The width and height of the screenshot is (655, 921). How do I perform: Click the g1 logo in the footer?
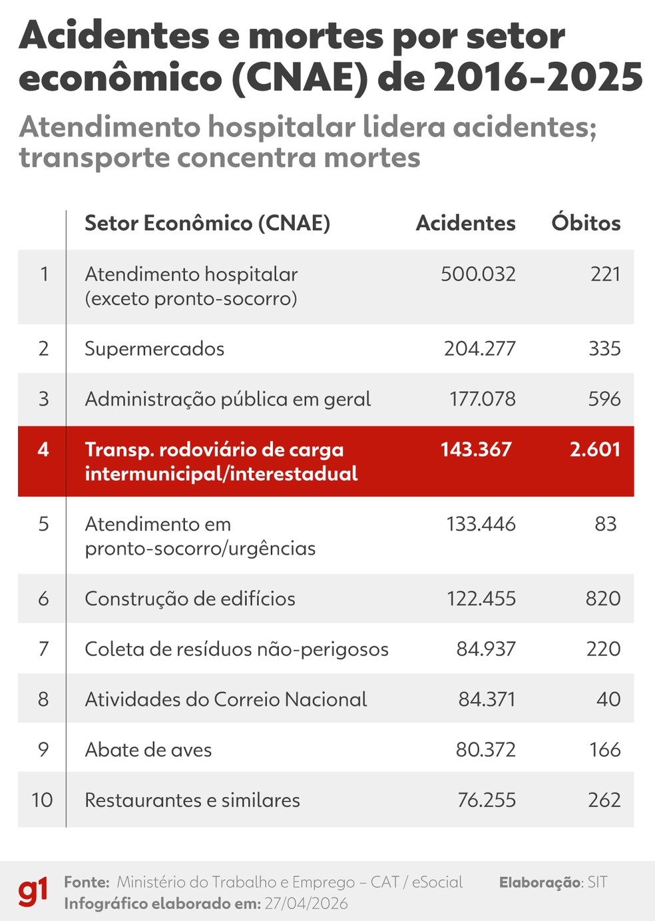click(33, 892)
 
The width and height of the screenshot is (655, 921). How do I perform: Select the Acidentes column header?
click(465, 223)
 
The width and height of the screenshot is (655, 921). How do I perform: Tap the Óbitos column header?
click(586, 223)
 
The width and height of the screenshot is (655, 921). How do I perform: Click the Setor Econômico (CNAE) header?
click(207, 223)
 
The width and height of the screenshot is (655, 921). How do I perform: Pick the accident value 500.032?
click(478, 274)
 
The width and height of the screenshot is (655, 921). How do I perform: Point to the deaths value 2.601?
click(595, 450)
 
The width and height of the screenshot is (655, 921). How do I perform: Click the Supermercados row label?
click(154, 349)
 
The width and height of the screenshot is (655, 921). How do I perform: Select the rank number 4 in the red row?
click(43, 450)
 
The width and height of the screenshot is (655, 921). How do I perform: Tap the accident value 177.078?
click(482, 399)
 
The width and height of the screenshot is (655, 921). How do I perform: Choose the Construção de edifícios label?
click(190, 599)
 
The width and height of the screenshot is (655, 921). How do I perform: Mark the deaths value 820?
click(603, 599)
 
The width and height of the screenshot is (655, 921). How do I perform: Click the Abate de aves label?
click(148, 750)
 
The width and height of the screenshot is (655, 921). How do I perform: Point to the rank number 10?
click(42, 800)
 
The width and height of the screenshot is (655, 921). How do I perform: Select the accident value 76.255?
click(487, 800)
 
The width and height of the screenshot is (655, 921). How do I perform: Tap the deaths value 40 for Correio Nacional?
click(608, 699)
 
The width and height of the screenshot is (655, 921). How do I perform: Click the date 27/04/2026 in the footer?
click(306, 904)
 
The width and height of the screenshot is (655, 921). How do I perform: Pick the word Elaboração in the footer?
click(541, 882)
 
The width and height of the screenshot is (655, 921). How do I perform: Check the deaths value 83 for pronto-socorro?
click(606, 524)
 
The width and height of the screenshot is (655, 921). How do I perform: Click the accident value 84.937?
click(486, 649)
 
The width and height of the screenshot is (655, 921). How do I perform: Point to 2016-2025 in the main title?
click(538, 78)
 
